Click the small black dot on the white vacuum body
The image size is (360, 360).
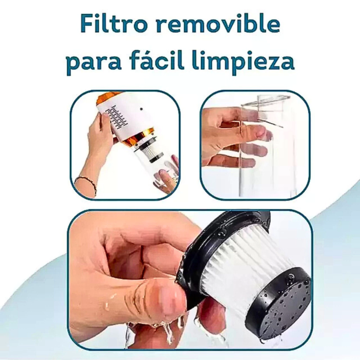coord(141,109)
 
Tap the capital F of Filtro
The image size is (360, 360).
coord(88,24)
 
